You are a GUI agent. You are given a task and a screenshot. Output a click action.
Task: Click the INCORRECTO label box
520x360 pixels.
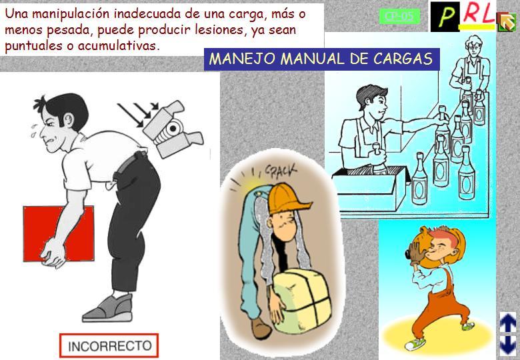[109, 345]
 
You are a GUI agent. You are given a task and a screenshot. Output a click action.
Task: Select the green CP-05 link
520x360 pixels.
[399, 16]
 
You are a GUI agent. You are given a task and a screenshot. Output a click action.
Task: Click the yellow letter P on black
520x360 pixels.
[445, 17]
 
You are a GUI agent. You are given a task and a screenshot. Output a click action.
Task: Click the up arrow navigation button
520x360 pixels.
[508, 323]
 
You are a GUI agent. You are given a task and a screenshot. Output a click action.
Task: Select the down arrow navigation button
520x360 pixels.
[508, 345]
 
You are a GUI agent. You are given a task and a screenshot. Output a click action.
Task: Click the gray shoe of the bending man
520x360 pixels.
[108, 308]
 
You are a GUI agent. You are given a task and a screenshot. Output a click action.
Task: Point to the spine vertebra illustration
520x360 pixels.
[173, 129]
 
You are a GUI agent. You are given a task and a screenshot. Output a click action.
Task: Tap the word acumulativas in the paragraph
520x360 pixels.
[119, 46]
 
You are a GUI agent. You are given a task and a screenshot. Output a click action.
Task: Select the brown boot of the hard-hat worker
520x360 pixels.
[261, 328]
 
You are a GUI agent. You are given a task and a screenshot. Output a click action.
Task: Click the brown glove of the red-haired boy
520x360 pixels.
[415, 253]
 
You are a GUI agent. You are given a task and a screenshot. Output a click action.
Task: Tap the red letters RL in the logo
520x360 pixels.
[478, 14]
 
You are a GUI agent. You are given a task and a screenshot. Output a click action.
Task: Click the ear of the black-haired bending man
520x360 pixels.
[69, 120]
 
